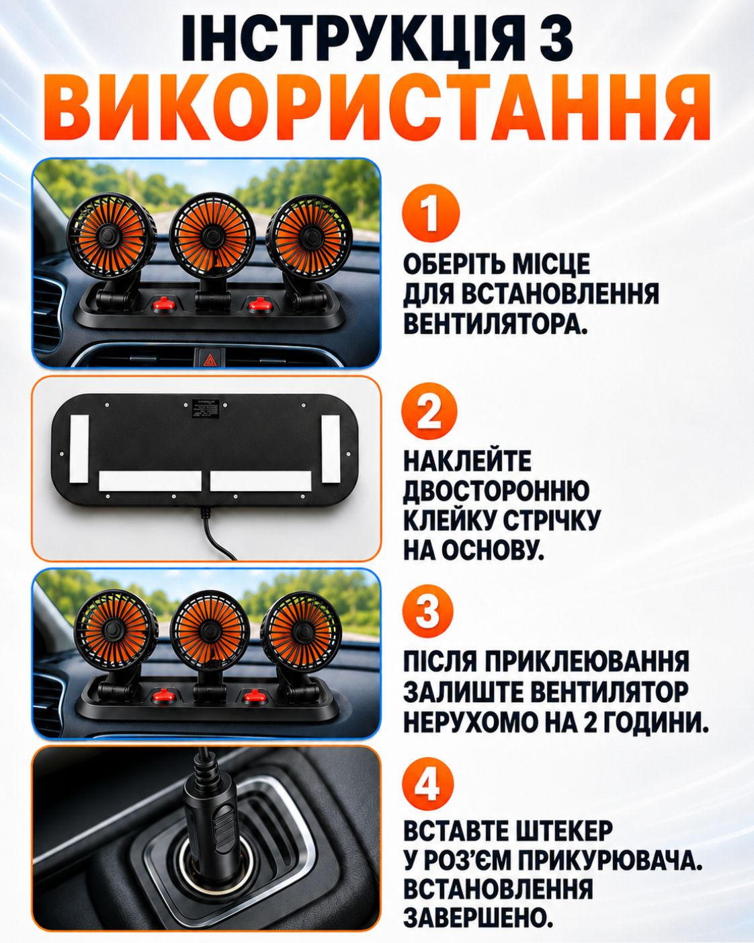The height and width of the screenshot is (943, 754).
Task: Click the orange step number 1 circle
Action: pyautogui.click(x=430, y=213)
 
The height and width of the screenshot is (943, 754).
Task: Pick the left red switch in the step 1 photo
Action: pyautogui.click(x=163, y=303)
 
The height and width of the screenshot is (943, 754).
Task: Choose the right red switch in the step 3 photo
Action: pyautogui.click(x=253, y=695)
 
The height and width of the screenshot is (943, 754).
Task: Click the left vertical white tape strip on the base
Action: pyautogui.click(x=79, y=449)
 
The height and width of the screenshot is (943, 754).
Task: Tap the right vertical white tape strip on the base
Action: pyautogui.click(x=331, y=449)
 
